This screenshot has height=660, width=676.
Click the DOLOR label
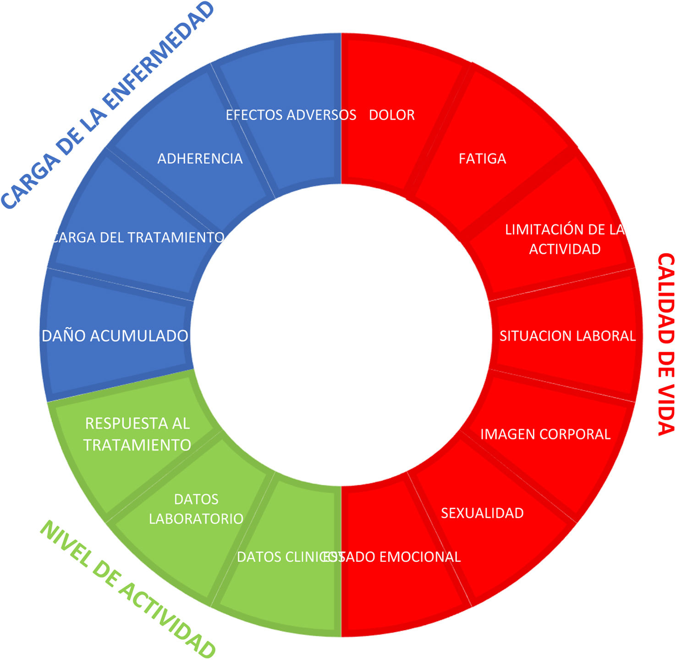(x=391, y=115)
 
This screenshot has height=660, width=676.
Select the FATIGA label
(x=482, y=159)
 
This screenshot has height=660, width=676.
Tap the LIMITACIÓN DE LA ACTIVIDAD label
(x=565, y=239)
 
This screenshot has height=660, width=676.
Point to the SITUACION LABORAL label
(x=567, y=336)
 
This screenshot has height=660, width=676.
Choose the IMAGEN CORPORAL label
(x=545, y=434)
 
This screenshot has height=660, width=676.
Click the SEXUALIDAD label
(x=482, y=513)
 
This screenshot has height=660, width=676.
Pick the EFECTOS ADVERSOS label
(x=291, y=115)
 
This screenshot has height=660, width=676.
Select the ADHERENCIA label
(x=200, y=159)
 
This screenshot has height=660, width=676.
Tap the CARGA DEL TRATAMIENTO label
(x=138, y=237)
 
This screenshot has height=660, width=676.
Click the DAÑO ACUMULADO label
(x=115, y=336)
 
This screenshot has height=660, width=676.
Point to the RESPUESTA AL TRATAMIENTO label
(x=137, y=434)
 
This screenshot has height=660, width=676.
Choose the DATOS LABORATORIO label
(x=196, y=509)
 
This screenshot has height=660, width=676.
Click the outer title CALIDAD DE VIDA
(x=665, y=344)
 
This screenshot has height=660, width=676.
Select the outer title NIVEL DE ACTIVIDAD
(x=128, y=590)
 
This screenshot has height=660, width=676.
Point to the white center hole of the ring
(x=341, y=335)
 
